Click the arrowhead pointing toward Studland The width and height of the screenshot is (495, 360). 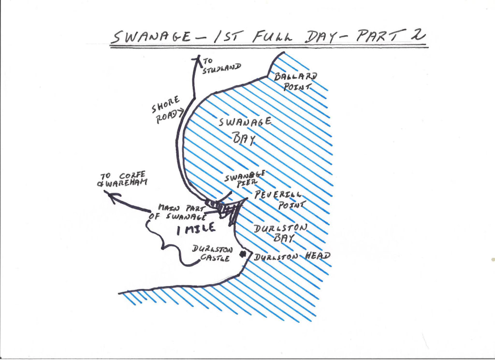pos(197,59)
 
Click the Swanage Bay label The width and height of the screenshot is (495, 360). pos(244,130)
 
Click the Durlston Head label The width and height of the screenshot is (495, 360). pos(291,256)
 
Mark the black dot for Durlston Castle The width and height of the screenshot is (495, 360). pos(244,255)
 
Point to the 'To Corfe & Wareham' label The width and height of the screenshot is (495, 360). pos(123,178)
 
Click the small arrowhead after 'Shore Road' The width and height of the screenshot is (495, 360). pos(181,114)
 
